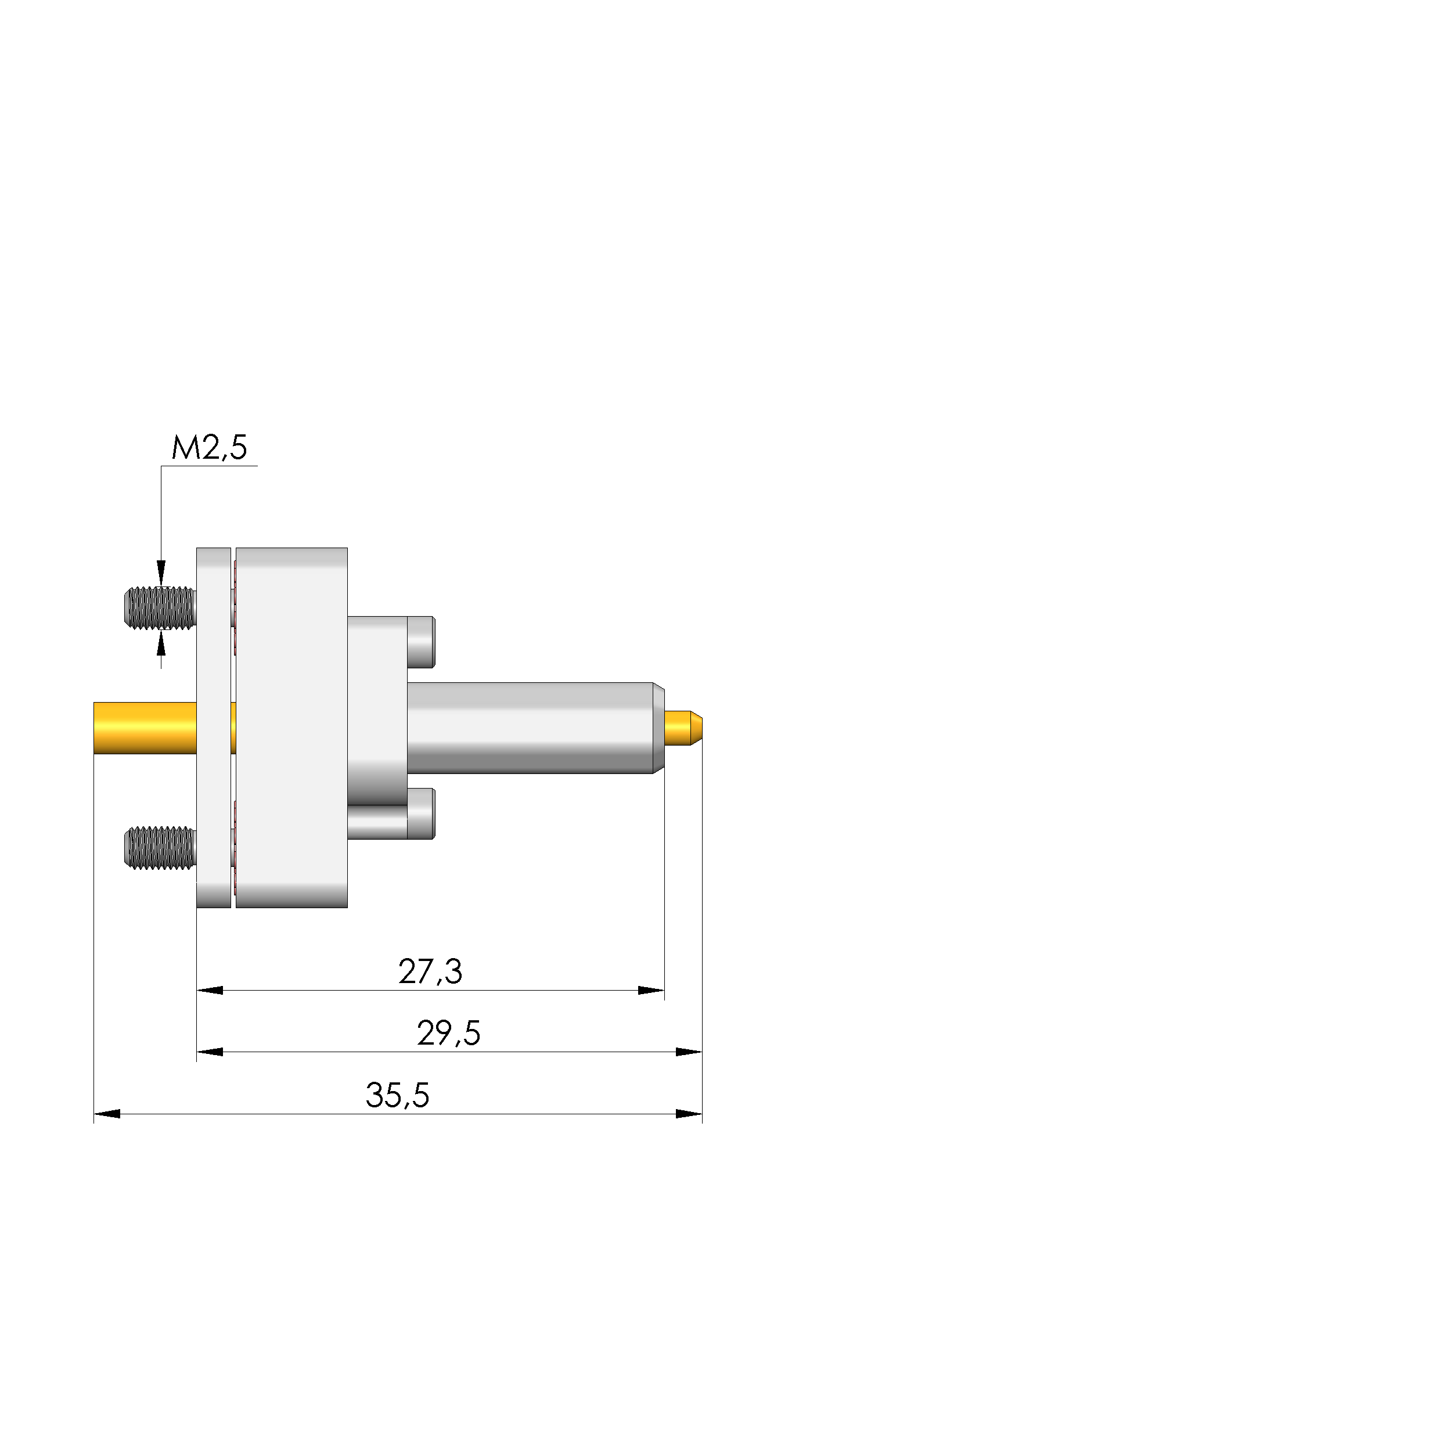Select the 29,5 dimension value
pyautogui.click(x=448, y=1033)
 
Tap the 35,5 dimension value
pyautogui.click(x=397, y=1095)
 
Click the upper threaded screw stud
pyautogui.click(x=160, y=608)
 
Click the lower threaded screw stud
pyautogui.click(x=160, y=848)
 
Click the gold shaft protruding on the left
pyautogui.click(x=143, y=728)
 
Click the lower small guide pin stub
pyautogui.click(x=422, y=814)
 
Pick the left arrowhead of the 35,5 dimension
pyautogui.click(x=107, y=1114)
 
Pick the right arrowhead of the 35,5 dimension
pyautogui.click(x=689, y=1114)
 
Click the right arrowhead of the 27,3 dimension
pyautogui.click(x=651, y=991)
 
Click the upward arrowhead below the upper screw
pyautogui.click(x=161, y=644)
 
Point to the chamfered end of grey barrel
pyautogui.click(x=658, y=728)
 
